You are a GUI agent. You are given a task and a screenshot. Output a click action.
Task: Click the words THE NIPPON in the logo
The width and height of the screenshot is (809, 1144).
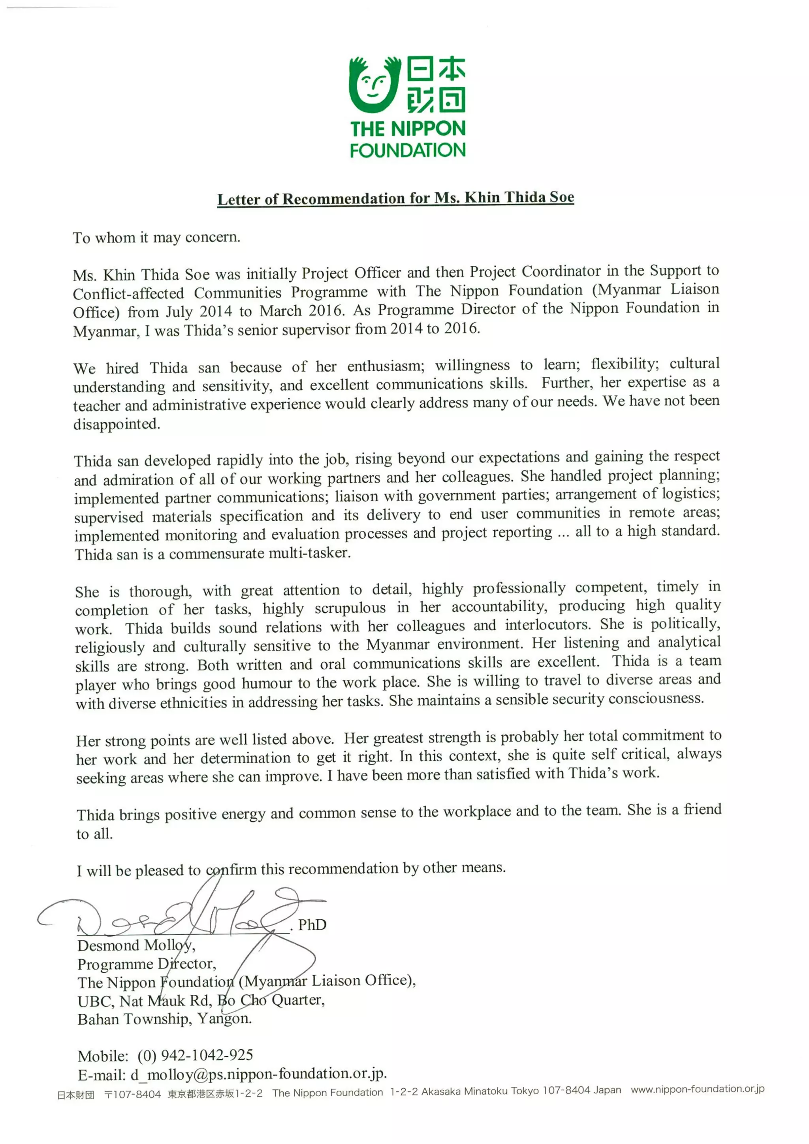[407, 129]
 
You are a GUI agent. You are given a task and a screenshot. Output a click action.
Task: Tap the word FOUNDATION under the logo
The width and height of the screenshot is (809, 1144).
[407, 150]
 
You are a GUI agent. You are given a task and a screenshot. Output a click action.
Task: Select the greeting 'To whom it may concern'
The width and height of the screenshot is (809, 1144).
[156, 238]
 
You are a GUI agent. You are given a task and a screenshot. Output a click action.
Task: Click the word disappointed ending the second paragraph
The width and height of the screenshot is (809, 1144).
[117, 425]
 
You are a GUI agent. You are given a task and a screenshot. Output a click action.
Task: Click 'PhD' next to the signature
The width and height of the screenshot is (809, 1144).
[312, 925]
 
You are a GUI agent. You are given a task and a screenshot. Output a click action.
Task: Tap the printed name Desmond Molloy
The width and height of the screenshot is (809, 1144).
[135, 946]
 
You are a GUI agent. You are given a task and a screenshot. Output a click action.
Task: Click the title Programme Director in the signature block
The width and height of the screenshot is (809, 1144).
[147, 964]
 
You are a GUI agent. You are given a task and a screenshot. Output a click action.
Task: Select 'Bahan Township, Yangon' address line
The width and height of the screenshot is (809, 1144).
[164, 1019]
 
